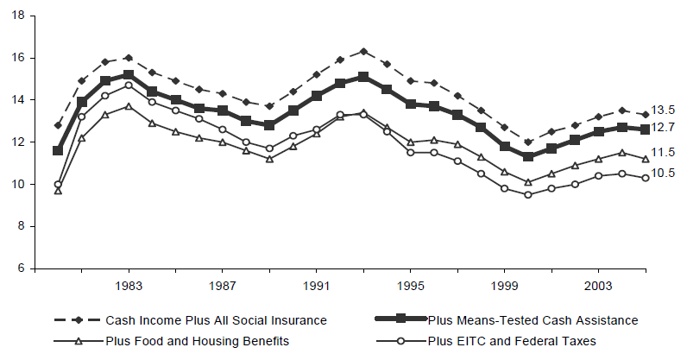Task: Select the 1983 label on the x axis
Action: click(x=129, y=285)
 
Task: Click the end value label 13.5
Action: click(x=662, y=110)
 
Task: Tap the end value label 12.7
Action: click(x=662, y=127)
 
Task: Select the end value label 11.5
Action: click(x=662, y=152)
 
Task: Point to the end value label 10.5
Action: click(x=662, y=173)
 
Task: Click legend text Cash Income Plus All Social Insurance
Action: click(x=216, y=320)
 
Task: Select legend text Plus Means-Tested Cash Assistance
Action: click(x=533, y=320)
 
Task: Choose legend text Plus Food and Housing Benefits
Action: click(x=197, y=341)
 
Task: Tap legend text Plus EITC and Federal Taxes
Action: click(x=512, y=341)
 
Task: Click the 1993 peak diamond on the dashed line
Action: click(x=363, y=51)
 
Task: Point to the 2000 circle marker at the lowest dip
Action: click(x=527, y=194)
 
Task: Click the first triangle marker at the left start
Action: click(x=58, y=190)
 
